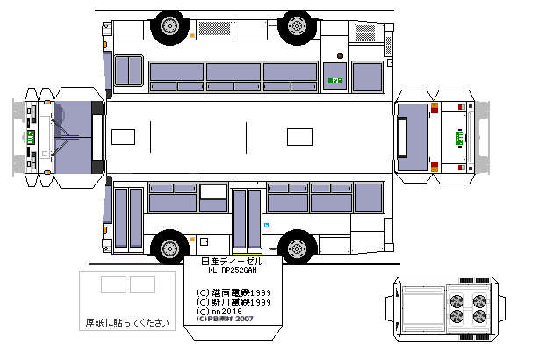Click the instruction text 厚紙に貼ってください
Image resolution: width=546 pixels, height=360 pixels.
point(126,323)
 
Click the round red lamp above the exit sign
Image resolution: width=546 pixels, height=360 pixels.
point(337,56)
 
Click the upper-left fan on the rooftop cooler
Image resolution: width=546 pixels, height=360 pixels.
point(456,299)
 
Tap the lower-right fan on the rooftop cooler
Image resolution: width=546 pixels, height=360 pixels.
point(479,317)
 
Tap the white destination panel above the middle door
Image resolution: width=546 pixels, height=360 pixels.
point(212,191)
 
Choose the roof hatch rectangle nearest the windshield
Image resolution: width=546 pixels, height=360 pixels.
point(124,136)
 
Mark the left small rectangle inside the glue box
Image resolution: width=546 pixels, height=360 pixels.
point(113,284)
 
